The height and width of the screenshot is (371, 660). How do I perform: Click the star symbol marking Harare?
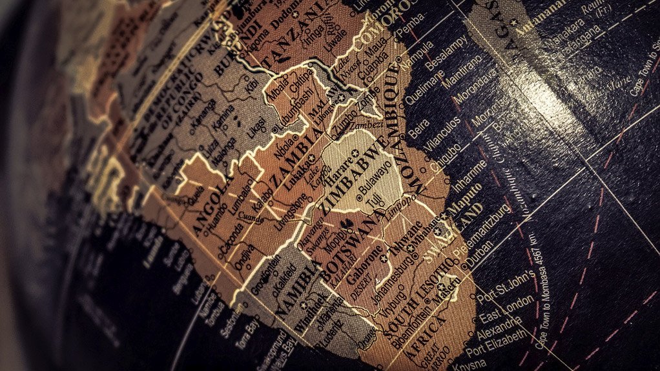click(355, 153)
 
